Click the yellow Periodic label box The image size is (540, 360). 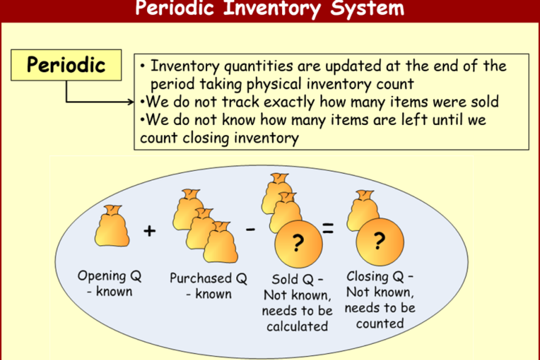[66, 65]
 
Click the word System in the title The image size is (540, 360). [367, 9]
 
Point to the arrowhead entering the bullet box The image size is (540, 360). [131, 102]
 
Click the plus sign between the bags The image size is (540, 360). [149, 231]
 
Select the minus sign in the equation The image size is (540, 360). [250, 229]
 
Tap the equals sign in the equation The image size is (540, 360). [328, 228]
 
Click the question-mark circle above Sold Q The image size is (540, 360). [299, 244]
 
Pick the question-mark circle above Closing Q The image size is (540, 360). [380, 242]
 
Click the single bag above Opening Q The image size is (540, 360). [112, 226]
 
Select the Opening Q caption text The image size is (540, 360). [110, 283]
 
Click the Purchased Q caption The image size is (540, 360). [209, 286]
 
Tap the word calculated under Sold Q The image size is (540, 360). [297, 326]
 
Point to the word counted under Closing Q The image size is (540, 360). [380, 324]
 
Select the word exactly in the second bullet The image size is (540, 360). [289, 102]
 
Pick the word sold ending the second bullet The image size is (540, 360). [485, 101]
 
